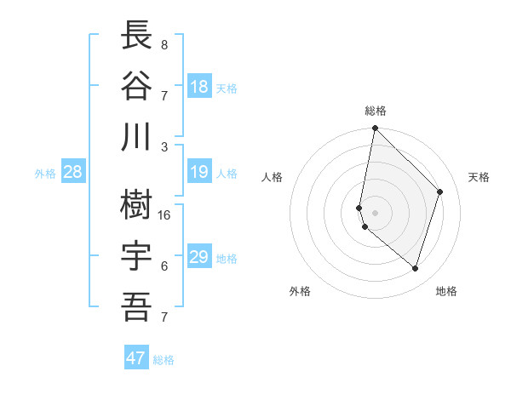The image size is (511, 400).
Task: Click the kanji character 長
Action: point(136,36)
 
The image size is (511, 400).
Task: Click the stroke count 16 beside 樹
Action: point(164,215)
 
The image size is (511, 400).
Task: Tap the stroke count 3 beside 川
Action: point(164,146)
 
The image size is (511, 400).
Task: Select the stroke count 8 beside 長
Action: point(164,45)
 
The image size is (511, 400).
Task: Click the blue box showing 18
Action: point(199,87)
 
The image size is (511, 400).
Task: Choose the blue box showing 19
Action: point(199,173)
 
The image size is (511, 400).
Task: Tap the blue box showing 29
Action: point(199,257)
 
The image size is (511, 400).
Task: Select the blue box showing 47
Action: point(136,358)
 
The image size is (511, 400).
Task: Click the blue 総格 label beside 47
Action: point(164,360)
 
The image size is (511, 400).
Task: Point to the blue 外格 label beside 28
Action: point(45,174)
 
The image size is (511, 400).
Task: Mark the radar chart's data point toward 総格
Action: point(375,129)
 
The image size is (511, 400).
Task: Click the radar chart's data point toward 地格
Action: point(415,268)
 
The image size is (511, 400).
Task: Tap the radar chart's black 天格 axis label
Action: point(479,177)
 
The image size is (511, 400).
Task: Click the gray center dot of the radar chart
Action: point(375,212)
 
